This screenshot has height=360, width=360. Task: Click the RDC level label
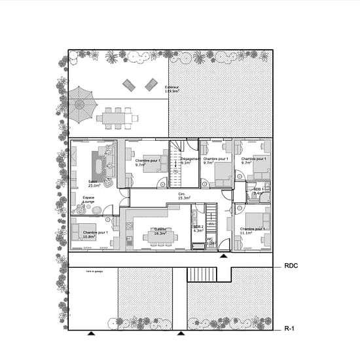coord(292,266)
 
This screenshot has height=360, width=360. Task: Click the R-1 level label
coord(291,329)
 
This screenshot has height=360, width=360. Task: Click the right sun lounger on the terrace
coord(151,84)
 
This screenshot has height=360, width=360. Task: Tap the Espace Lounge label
coord(88,199)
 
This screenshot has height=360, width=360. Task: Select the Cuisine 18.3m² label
coord(160,231)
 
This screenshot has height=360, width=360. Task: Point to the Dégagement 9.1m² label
coord(190,160)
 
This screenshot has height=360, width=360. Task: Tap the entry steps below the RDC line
coord(202,274)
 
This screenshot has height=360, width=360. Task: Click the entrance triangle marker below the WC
coord(224,257)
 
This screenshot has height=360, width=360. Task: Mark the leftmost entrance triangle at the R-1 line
coord(92,333)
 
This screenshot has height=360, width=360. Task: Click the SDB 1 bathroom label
coord(259,191)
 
